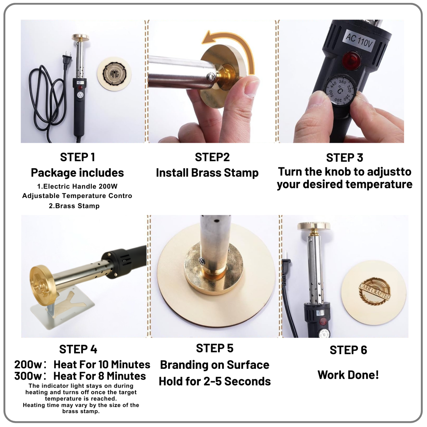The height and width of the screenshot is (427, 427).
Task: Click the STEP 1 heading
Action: (77, 157)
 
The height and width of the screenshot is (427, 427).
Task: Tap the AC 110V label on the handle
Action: (359, 40)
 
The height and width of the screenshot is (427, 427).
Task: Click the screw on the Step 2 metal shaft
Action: (210, 77)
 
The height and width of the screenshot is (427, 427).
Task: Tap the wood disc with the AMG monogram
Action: (114, 74)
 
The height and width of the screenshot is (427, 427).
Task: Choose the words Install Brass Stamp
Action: (207, 173)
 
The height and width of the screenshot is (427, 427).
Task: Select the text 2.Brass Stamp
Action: (74, 206)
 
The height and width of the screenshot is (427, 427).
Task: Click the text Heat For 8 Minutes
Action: (100, 376)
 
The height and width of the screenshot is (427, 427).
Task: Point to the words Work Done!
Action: (348, 375)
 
